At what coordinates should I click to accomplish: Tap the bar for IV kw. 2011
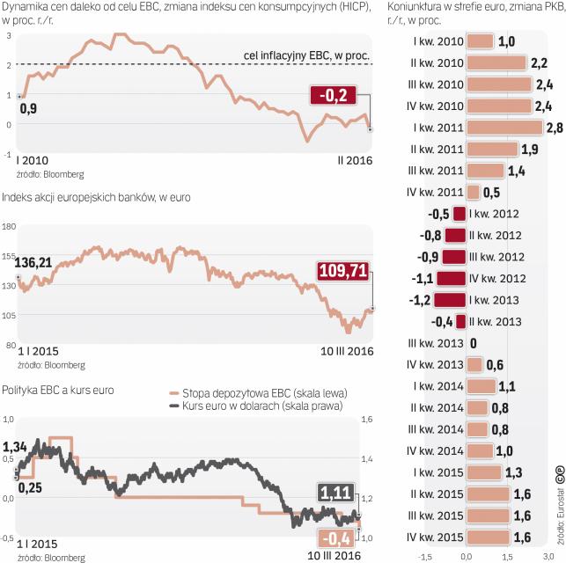tap(474, 192)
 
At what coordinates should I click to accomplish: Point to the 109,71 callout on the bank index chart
tap(342, 271)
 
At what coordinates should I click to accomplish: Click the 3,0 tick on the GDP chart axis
tap(548, 555)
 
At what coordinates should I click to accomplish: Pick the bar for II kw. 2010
tap(496, 63)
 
